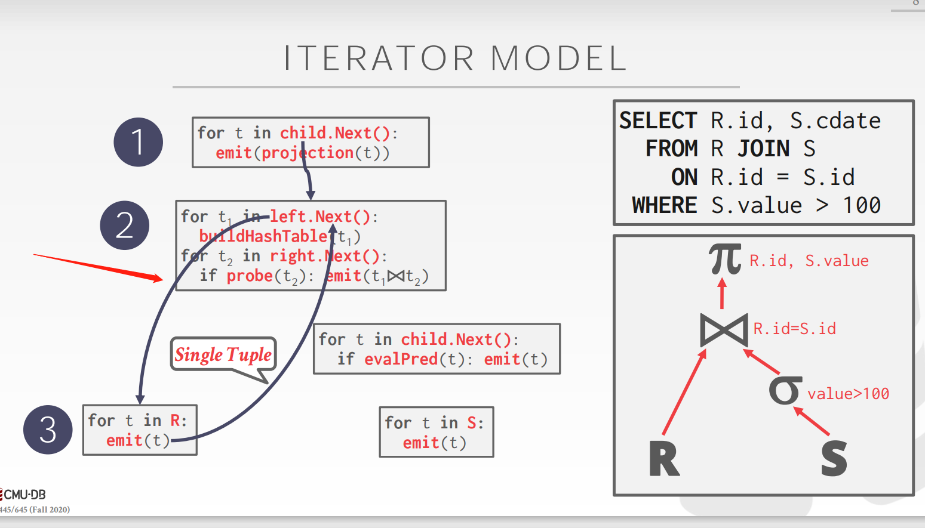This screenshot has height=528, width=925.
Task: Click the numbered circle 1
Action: (x=138, y=142)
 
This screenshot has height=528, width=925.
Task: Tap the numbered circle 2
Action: (x=124, y=226)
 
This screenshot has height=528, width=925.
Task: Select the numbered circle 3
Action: (x=48, y=430)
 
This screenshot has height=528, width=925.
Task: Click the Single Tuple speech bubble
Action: (x=223, y=355)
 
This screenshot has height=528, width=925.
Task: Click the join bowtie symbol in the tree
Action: (x=724, y=329)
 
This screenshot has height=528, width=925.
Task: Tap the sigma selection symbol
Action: (x=785, y=390)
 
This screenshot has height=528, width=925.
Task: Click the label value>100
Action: (x=848, y=394)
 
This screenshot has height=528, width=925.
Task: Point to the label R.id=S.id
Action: (x=794, y=329)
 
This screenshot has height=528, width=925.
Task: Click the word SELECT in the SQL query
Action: (x=658, y=121)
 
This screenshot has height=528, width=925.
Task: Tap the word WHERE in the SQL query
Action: (x=665, y=206)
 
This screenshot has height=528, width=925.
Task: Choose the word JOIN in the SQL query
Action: (x=764, y=149)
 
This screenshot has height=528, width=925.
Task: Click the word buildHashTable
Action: (x=263, y=236)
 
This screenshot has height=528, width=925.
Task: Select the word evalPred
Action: (x=401, y=359)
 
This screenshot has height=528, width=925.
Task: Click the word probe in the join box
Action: (x=250, y=276)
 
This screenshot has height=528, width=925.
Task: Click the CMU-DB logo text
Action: (x=24, y=495)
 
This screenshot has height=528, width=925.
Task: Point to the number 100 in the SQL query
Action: (x=862, y=206)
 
